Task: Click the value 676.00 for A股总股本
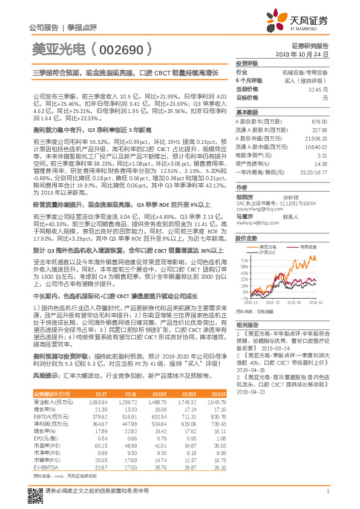(319, 122)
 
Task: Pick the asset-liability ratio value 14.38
(321, 164)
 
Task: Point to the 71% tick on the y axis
(244, 259)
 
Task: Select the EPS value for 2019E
(157, 437)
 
